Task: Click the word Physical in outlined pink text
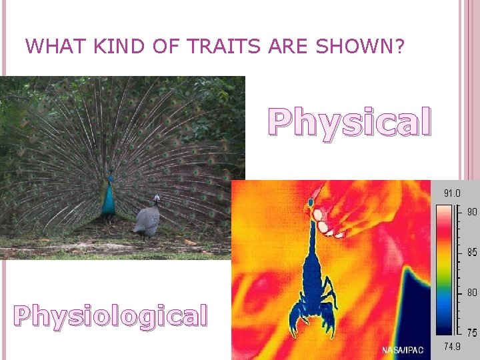point(349,123)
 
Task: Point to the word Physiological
point(111,315)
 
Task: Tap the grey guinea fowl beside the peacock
point(147,218)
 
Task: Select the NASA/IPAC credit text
point(403,350)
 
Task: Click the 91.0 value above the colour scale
point(452,193)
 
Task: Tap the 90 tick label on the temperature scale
point(471,211)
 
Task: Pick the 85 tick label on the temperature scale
point(471,252)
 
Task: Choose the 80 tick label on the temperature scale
point(471,292)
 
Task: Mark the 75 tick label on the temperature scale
point(471,332)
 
